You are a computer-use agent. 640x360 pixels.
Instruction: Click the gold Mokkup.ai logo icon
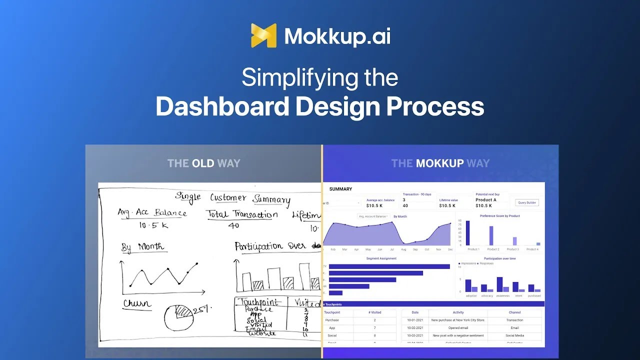[263, 35]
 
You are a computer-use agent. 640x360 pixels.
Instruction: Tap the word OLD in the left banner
[203, 163]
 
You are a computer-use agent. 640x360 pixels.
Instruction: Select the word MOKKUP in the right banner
[440, 163]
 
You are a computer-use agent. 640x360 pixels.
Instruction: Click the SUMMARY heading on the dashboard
[340, 189]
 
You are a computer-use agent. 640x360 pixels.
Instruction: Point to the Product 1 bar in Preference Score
[468, 233]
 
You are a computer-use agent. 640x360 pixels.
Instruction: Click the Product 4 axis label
[532, 249]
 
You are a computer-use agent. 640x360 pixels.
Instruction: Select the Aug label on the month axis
[403, 249]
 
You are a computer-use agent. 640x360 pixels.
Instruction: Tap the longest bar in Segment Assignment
[389, 266]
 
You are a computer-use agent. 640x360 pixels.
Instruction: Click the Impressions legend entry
[468, 263]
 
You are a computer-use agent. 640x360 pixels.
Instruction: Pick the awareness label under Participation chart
[502, 295]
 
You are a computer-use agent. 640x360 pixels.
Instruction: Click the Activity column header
[458, 312]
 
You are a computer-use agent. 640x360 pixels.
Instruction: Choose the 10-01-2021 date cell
[415, 320]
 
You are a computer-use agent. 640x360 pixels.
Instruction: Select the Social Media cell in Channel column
[514, 335]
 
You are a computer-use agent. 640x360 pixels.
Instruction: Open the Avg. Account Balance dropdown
[373, 216]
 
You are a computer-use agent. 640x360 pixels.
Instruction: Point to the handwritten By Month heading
[142, 247]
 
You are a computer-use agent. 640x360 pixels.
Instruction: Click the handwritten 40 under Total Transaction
[233, 225]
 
